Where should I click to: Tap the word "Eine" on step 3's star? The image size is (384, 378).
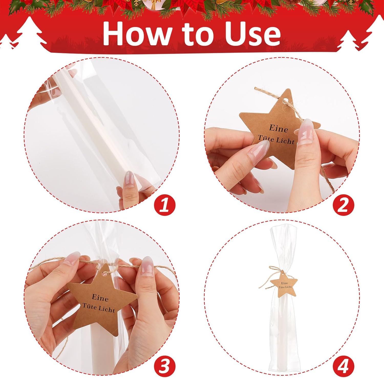point(100,298)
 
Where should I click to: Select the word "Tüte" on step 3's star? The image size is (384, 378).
point(89,305)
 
